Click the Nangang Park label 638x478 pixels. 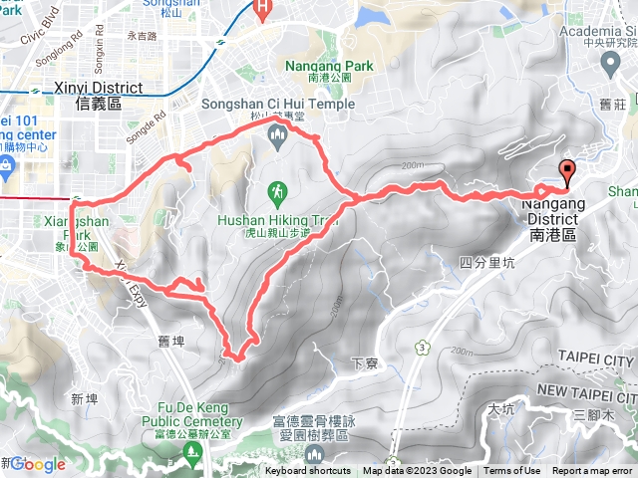pos(328,67)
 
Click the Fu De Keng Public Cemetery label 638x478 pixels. pos(193,407)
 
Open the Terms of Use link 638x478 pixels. pos(512,471)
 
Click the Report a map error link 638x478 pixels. pos(593,471)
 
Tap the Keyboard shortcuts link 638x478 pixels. pos(308,471)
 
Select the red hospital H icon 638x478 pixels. pos(263,10)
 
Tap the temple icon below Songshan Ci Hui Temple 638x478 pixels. pos(277,135)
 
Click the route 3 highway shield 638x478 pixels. pos(423,347)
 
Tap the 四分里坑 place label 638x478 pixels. pos(487,262)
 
